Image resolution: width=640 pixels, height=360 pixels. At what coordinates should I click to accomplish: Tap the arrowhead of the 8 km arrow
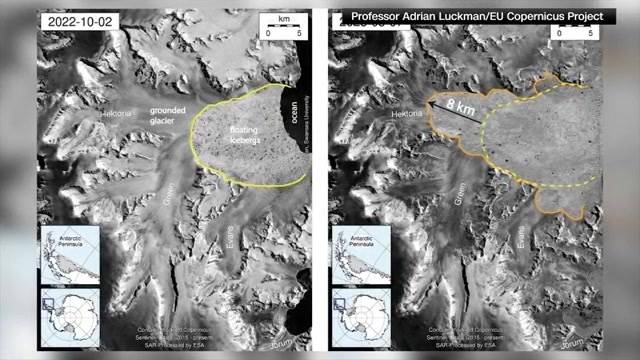(x=428, y=100)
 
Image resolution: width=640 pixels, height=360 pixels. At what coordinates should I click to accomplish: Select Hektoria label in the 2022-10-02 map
(x=117, y=115)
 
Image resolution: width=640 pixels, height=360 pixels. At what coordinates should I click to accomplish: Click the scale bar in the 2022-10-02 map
(x=277, y=27)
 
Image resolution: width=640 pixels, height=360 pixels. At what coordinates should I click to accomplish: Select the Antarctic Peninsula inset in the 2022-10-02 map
(x=63, y=251)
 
